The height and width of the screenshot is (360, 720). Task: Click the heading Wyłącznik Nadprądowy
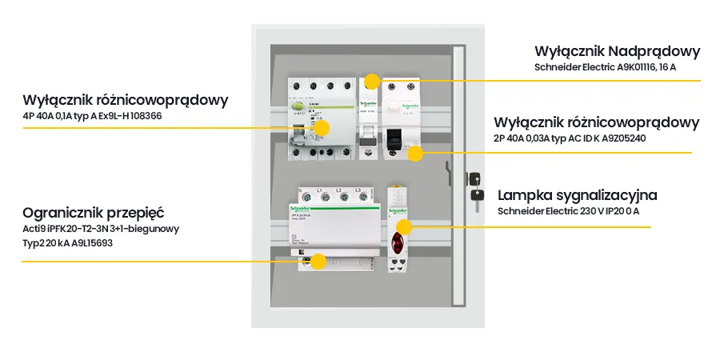[x=617, y=51]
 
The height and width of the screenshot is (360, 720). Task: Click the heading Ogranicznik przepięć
[x=94, y=213]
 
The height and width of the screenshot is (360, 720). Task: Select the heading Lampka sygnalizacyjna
[x=578, y=195]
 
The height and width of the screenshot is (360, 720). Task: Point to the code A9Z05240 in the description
[x=619, y=138]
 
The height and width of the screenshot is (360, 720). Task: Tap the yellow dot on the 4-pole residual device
[x=322, y=127]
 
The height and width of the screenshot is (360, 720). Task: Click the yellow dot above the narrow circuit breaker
[x=370, y=80]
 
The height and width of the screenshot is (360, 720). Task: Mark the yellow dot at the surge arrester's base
[x=318, y=261]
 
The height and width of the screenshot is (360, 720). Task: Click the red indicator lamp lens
[x=395, y=242]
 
